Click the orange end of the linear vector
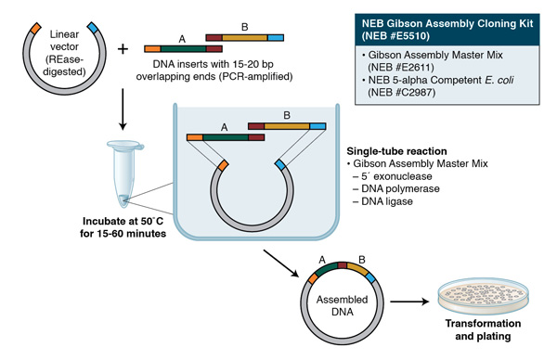click(35, 26)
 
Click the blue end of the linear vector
click(95, 26)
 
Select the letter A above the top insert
click(182, 36)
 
